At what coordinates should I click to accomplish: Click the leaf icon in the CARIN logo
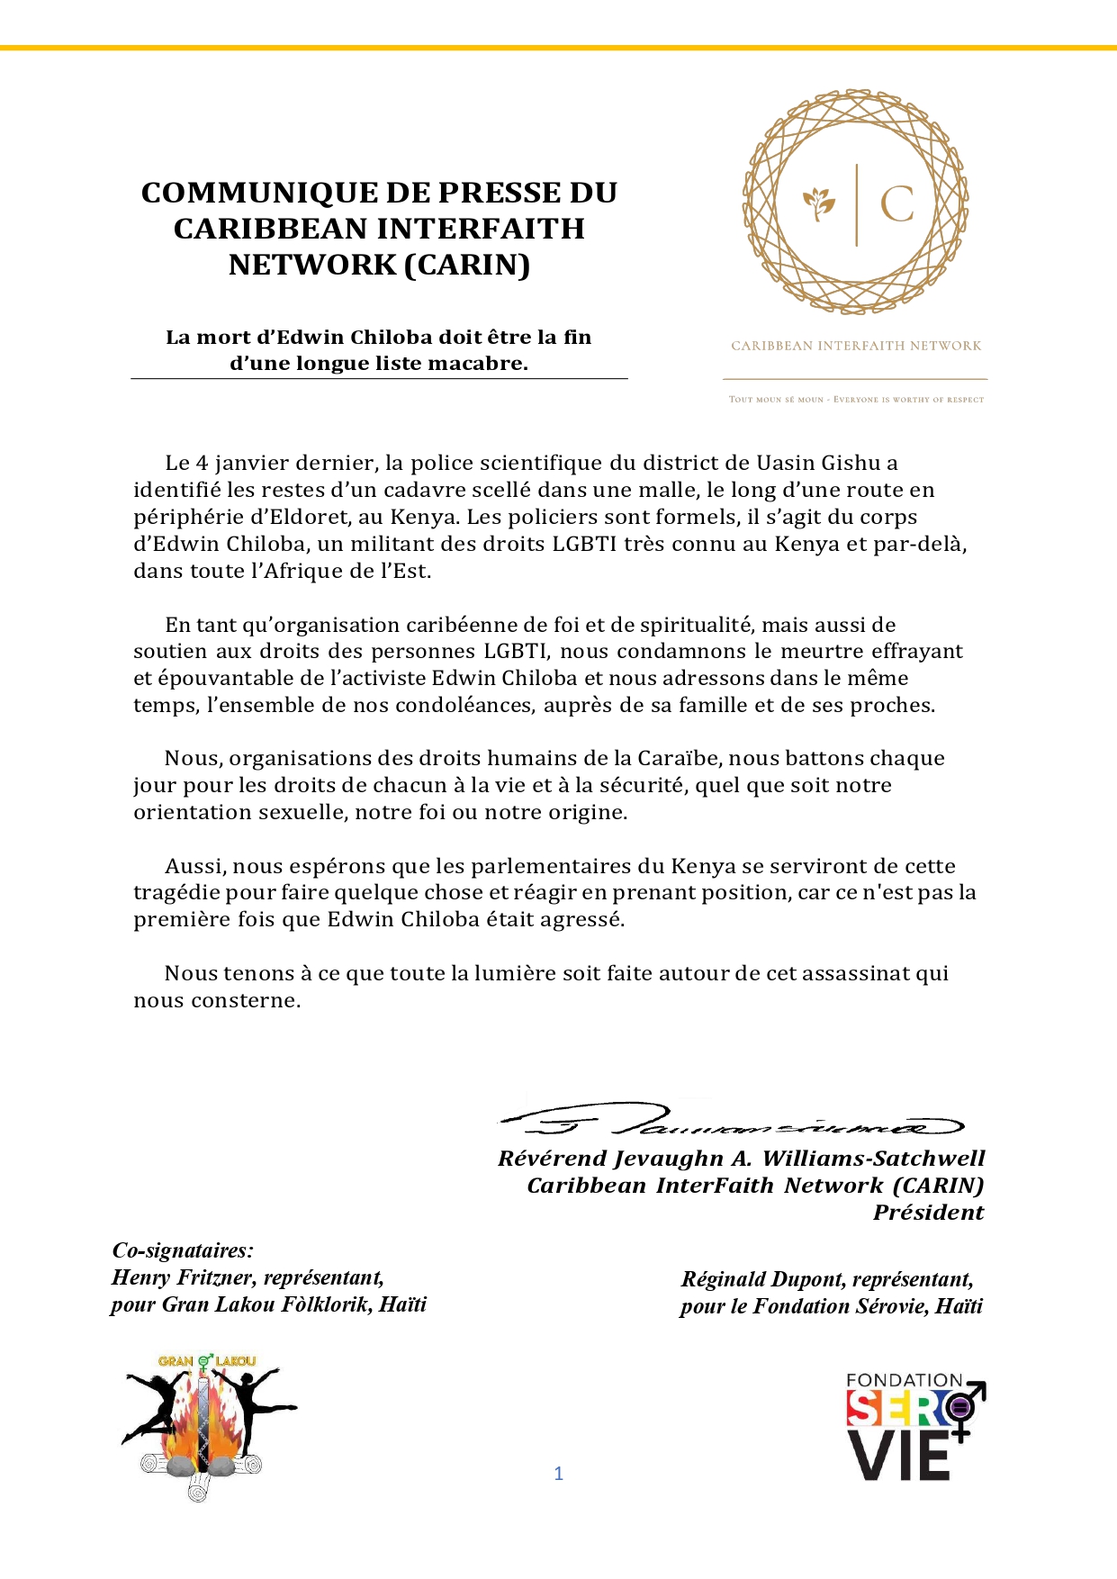pyautogui.click(x=819, y=203)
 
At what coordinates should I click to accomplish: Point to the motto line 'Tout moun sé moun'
pyautogui.click(x=856, y=399)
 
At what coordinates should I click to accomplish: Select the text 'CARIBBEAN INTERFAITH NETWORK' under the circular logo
pyautogui.click(x=856, y=346)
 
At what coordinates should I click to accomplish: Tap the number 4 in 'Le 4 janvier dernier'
pyautogui.click(x=202, y=463)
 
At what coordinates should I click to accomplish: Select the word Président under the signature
pyautogui.click(x=928, y=1213)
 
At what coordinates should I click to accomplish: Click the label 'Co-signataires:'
pyautogui.click(x=183, y=1250)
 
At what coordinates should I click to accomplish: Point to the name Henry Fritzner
pyautogui.click(x=183, y=1277)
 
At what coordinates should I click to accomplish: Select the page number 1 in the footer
pyautogui.click(x=559, y=1474)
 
